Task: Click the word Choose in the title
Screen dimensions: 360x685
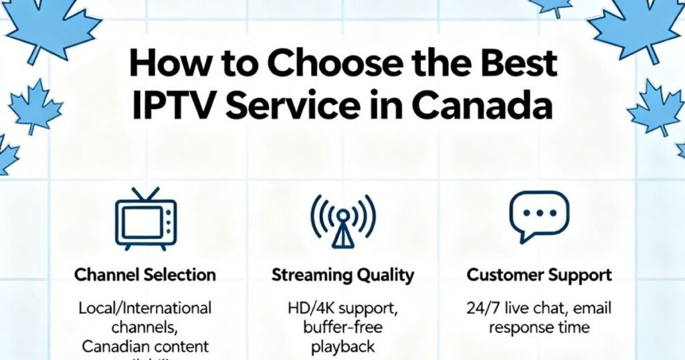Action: pos(313,65)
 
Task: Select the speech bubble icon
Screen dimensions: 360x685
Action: pos(539,216)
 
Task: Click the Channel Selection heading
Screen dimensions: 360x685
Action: pos(145,274)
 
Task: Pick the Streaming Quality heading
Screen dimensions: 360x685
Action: pos(342,274)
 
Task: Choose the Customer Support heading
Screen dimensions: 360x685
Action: pos(539,274)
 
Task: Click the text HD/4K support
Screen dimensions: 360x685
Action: pos(342,308)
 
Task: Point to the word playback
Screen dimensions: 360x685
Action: pos(342,347)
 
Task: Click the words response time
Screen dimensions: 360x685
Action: pos(539,328)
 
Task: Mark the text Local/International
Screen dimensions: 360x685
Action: pos(145,308)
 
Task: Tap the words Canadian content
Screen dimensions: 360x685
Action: pos(145,347)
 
